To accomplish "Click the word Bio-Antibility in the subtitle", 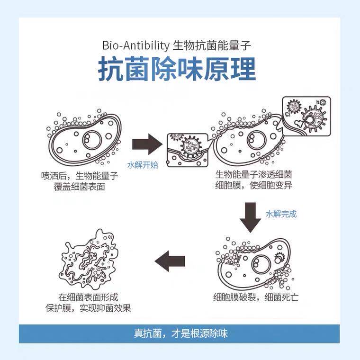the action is (x=135, y=45).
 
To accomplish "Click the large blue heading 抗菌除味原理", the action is (x=177, y=69).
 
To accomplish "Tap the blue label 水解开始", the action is (x=143, y=165).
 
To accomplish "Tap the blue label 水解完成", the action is (x=281, y=214).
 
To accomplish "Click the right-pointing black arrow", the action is (x=147, y=144).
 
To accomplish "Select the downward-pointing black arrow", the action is (x=250, y=217).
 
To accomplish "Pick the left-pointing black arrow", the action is (x=170, y=261).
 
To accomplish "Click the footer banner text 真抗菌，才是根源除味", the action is (x=180, y=333).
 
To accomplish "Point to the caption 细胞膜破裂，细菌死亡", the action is (x=256, y=297).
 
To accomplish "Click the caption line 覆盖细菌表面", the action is (x=80, y=187).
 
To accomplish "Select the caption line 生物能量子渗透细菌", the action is (x=253, y=175).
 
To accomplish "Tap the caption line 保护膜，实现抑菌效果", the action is (x=88, y=308).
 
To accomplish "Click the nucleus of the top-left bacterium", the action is (x=92, y=140).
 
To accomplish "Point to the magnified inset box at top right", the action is (x=306, y=117).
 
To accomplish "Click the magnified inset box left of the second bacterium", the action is (x=188, y=150).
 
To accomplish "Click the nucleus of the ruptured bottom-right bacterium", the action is (x=261, y=264).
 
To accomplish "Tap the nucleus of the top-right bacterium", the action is (x=256, y=140).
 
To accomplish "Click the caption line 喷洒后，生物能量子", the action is (x=80, y=176).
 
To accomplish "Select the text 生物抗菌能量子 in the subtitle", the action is (x=212, y=45).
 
